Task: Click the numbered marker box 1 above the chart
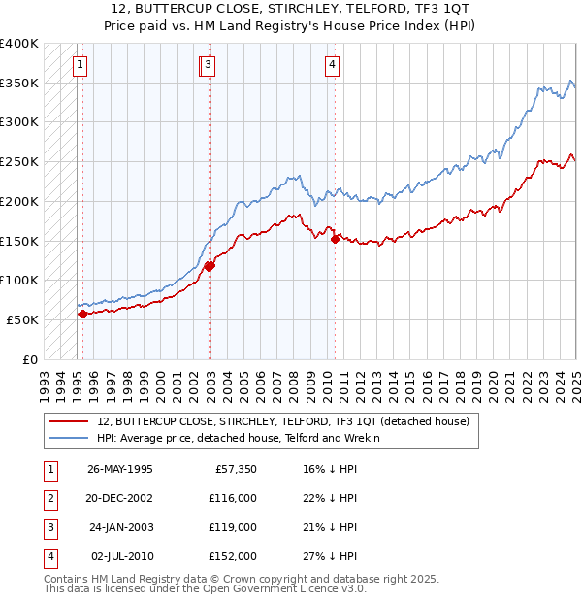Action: pyautogui.click(x=79, y=66)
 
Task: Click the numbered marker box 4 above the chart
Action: pyautogui.click(x=332, y=66)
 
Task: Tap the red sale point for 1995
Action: pyautogui.click(x=82, y=314)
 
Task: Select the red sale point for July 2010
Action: pyautogui.click(x=335, y=238)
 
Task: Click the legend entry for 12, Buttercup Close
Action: pyautogui.click(x=282, y=421)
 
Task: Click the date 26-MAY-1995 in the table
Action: pyautogui.click(x=120, y=469)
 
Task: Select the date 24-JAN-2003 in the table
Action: pyautogui.click(x=120, y=527)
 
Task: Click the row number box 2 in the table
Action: pyautogui.click(x=49, y=498)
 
